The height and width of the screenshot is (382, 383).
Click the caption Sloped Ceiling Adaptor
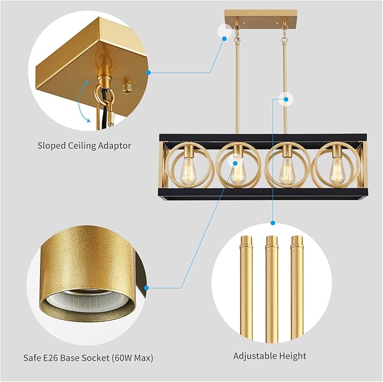84,145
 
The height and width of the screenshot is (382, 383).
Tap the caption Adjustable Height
270,356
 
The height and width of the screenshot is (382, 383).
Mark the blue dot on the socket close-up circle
146,288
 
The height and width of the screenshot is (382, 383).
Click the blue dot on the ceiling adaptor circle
148,72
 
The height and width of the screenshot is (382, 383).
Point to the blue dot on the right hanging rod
287,100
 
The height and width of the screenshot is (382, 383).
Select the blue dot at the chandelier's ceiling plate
225,37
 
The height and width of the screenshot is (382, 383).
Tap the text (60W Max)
134,358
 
